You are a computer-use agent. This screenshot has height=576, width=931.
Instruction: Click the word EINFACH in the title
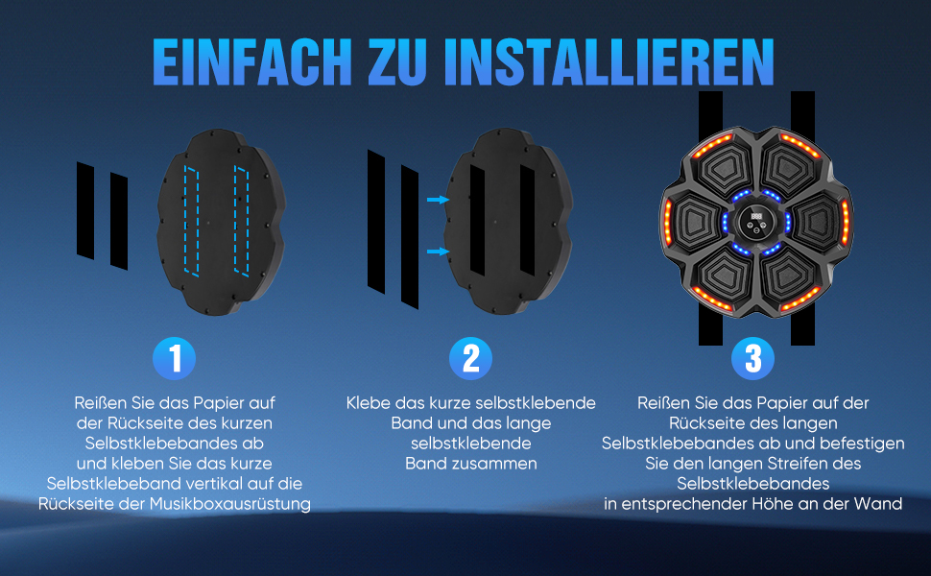(252, 62)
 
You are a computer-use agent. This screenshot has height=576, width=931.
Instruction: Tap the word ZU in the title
(397, 62)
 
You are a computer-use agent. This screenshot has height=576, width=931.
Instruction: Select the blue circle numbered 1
(174, 359)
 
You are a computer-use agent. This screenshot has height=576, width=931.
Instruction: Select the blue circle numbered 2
(471, 359)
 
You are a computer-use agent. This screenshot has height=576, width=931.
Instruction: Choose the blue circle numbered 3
(752, 359)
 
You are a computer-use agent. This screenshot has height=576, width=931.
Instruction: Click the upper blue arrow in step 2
(439, 200)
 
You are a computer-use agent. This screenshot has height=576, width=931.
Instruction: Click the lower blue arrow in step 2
(439, 252)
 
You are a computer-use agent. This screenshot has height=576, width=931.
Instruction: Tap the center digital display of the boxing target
(756, 216)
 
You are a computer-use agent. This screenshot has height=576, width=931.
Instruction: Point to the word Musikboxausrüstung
(229, 504)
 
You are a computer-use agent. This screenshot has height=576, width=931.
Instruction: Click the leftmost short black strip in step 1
(85, 210)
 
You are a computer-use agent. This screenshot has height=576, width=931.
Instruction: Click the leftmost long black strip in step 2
(376, 222)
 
